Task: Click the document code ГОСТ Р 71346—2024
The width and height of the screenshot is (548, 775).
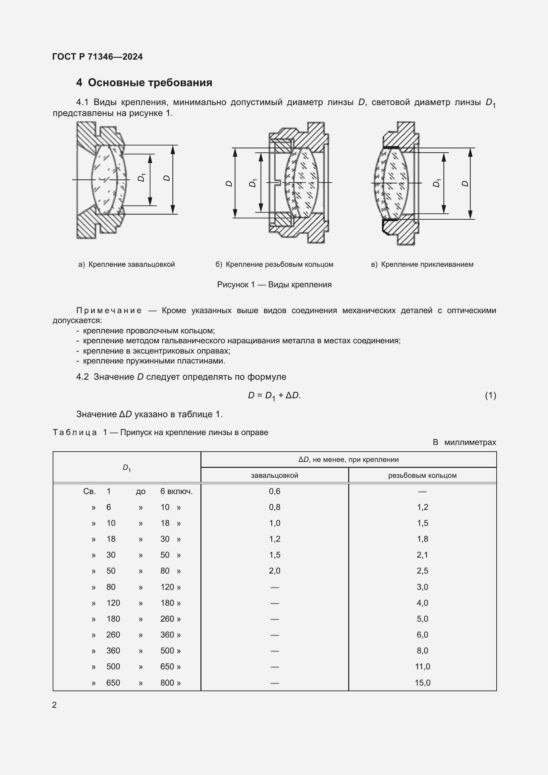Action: [x=97, y=57]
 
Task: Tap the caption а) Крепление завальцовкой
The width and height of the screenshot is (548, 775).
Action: [x=127, y=264]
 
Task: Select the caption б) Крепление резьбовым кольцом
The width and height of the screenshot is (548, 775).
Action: [x=274, y=264]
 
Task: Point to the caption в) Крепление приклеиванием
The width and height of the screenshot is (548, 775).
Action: [x=422, y=264]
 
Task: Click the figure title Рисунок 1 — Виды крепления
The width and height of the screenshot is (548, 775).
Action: [x=274, y=285]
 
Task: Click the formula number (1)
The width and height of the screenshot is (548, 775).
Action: [x=490, y=395]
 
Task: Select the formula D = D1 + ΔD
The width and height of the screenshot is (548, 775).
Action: [x=274, y=395]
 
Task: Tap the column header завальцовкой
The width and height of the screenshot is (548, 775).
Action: [x=274, y=475]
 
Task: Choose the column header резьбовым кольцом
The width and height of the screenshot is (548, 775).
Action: [x=422, y=475]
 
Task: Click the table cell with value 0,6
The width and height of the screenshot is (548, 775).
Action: [x=274, y=491]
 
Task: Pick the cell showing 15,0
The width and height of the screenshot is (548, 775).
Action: [x=422, y=683]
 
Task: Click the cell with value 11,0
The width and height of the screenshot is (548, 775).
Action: [x=422, y=667]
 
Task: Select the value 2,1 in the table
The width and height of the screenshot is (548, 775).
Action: [x=422, y=555]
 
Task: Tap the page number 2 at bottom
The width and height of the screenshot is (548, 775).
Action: [x=55, y=705]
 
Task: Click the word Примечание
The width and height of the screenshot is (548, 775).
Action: [x=109, y=310]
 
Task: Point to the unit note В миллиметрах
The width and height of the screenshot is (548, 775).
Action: [x=464, y=442]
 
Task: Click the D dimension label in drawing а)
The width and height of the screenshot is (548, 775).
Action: [x=166, y=178]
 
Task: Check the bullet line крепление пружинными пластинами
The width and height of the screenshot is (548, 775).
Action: [x=154, y=361]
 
